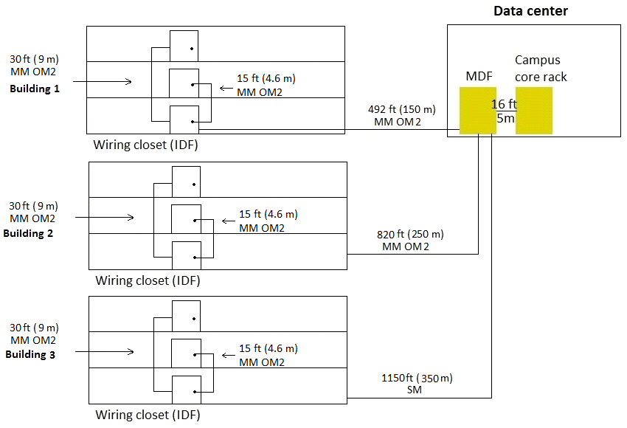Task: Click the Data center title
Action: click(x=530, y=10)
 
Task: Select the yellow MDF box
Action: click(x=478, y=111)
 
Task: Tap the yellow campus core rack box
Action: click(x=534, y=111)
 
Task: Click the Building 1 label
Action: click(x=34, y=89)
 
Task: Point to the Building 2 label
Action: click(x=29, y=233)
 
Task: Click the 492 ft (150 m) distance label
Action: click(x=402, y=109)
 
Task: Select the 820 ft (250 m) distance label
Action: click(x=410, y=234)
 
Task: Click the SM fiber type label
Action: click(x=414, y=390)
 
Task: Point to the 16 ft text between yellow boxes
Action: click(x=505, y=104)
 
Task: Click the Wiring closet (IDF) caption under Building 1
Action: click(x=145, y=145)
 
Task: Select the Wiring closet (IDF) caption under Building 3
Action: click(x=148, y=415)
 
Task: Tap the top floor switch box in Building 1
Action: click(x=184, y=46)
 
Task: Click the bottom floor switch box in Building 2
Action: click(x=186, y=255)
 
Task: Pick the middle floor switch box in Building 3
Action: click(x=186, y=354)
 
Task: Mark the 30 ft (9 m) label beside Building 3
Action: click(x=33, y=328)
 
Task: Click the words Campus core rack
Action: click(x=541, y=69)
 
